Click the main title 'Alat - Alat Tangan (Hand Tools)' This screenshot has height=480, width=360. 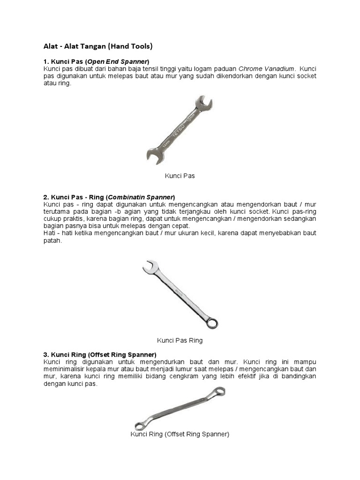pyautogui.click(x=98, y=46)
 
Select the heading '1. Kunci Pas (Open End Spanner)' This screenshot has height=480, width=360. pyautogui.click(x=96, y=61)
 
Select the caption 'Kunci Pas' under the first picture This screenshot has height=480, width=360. pyautogui.click(x=180, y=176)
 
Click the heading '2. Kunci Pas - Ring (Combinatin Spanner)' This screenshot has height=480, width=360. pyautogui.click(x=109, y=197)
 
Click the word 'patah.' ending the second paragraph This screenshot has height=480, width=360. pyautogui.click(x=52, y=240)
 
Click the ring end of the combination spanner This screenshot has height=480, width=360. pyautogui.click(x=212, y=323)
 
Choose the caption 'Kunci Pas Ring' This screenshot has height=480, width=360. pyautogui.click(x=180, y=340)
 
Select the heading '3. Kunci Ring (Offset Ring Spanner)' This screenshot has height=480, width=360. pyautogui.click(x=100, y=354)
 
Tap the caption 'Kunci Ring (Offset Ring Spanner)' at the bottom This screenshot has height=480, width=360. pyautogui.click(x=180, y=434)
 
